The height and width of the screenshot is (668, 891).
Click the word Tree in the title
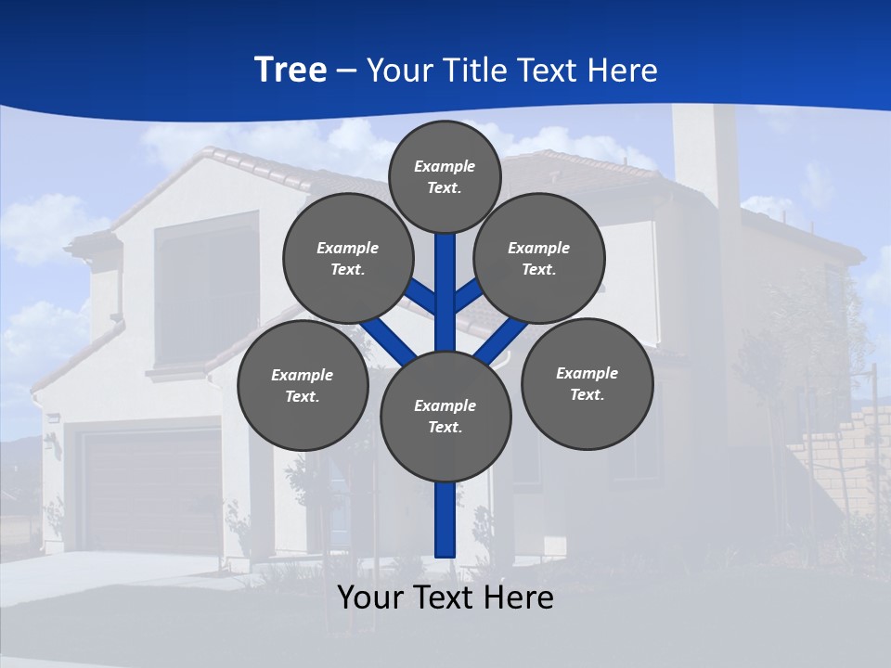pos(291,70)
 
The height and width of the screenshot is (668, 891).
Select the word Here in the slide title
pos(620,71)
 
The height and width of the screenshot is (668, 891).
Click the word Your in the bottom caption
pos(370,597)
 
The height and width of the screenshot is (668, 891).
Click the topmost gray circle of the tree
pos(445,176)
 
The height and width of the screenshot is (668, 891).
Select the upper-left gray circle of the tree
pos(347,258)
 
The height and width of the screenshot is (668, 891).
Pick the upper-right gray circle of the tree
pos(538,258)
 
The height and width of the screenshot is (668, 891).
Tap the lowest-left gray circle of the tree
pos(302,385)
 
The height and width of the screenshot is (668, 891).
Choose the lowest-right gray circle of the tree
pos(587,383)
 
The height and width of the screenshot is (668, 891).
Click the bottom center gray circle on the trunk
pos(445,416)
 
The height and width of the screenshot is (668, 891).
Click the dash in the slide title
pos(346,71)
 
